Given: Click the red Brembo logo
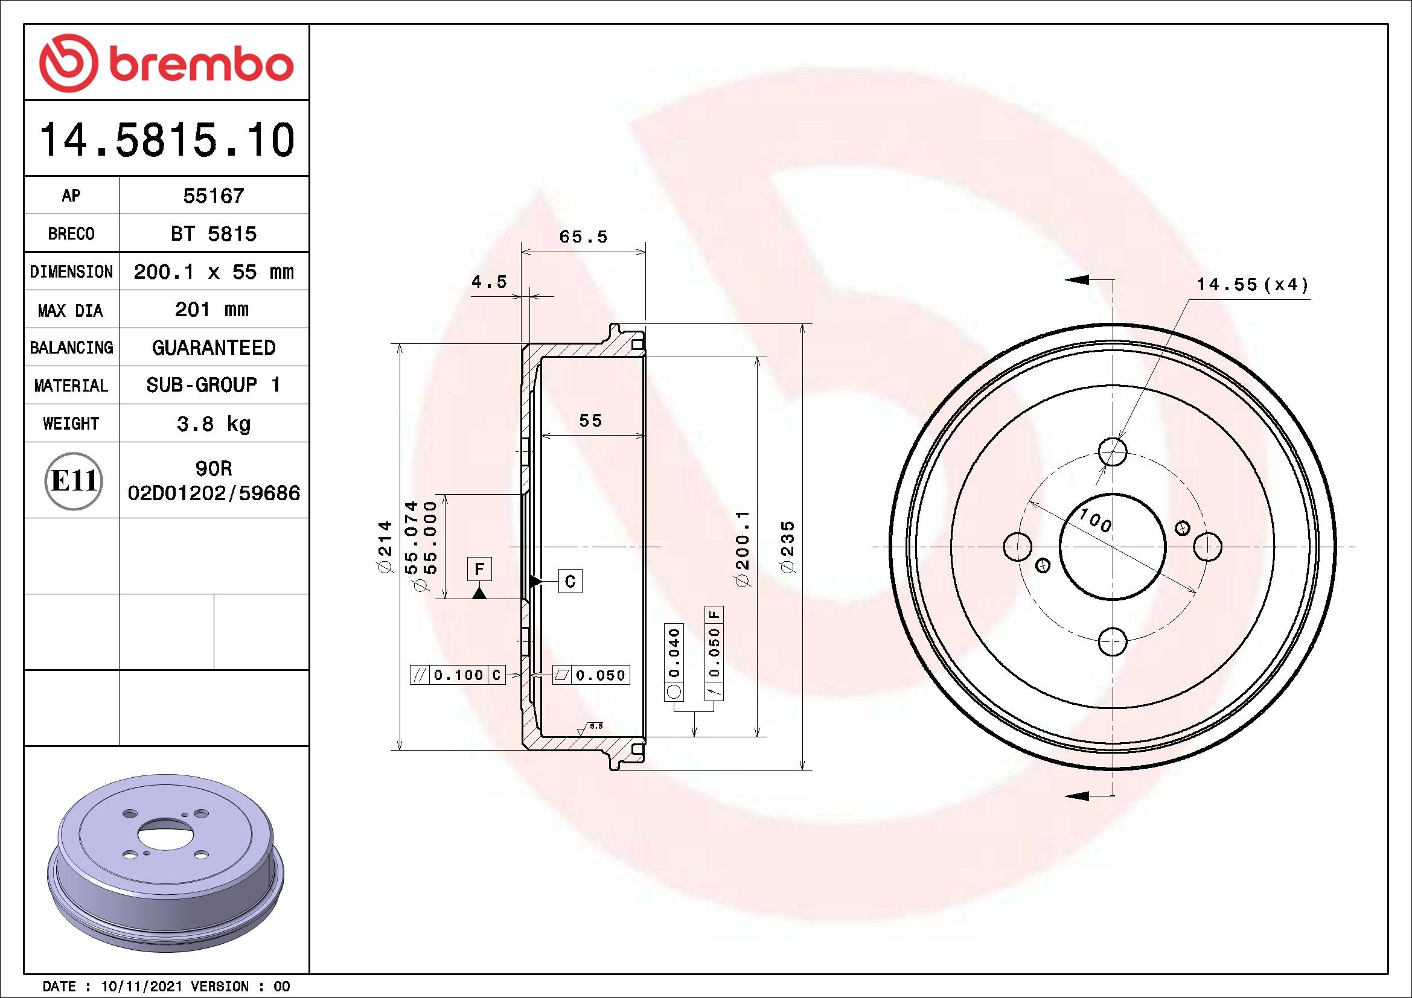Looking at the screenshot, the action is click(166, 63).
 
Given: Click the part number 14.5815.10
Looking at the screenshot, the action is click(167, 139).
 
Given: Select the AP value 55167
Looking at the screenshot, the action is click(213, 195).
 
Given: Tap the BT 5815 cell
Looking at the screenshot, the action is click(213, 234).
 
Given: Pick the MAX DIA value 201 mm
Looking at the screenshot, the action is click(211, 309).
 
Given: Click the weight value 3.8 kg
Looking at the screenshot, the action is click(213, 424).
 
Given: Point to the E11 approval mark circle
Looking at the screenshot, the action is click(74, 480).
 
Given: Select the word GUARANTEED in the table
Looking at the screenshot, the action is click(213, 348).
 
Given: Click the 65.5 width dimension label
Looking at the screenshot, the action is click(583, 237).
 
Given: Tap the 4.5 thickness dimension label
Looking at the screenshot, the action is click(490, 282).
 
